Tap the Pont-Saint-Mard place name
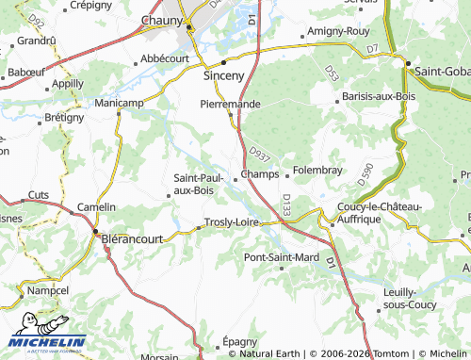[x=281, y=256]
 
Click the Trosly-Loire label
[x=232, y=222]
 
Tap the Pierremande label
[x=230, y=104]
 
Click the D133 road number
[x=286, y=205]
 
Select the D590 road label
[x=366, y=173]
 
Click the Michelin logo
[x=47, y=343]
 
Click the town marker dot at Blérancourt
[x=94, y=228]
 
